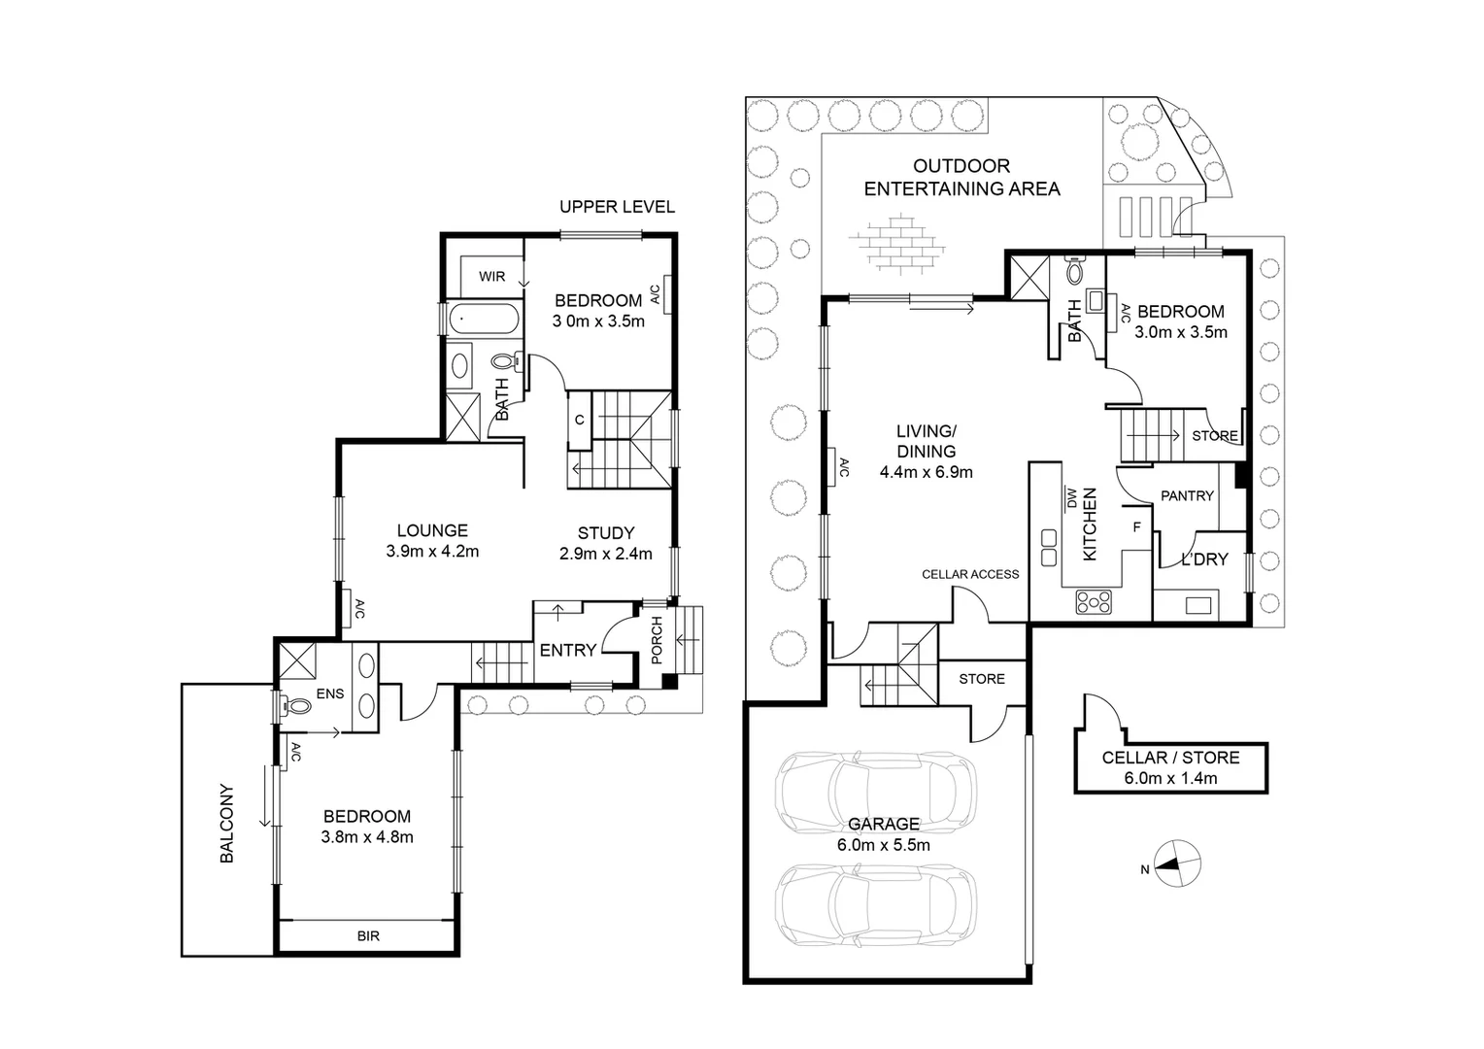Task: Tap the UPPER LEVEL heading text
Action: [617, 207]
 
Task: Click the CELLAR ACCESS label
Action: [970, 574]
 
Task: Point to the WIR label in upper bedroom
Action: [491, 276]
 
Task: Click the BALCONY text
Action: [226, 823]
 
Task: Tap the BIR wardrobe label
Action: [367, 936]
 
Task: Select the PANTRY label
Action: [1187, 495]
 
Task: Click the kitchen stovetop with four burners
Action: [1095, 602]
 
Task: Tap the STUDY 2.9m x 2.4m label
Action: [605, 543]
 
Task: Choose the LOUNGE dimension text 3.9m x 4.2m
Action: [432, 552]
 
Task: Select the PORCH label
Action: [656, 640]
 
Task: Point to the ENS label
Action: [330, 694]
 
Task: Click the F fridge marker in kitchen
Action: [1136, 527]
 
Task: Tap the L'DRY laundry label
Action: [1203, 559]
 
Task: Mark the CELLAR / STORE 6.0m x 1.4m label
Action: [1170, 767]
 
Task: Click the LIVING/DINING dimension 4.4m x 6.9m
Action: [926, 473]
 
